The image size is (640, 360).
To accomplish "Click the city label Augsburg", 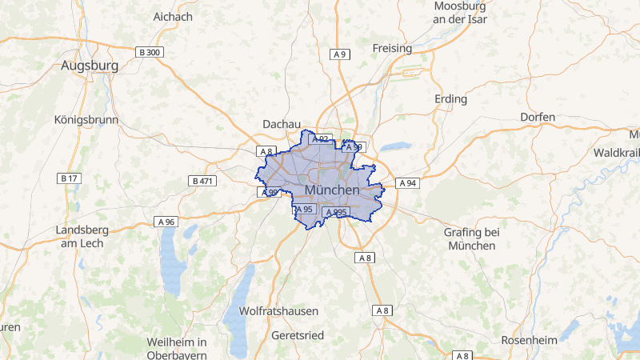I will coord(90,66).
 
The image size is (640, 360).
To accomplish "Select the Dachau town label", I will coord(282,124).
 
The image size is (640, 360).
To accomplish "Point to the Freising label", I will coord(392,48).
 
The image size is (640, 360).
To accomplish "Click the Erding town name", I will coord(450,99).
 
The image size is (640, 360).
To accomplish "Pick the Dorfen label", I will coord(538,117).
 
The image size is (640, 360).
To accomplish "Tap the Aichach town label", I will coord(173,16).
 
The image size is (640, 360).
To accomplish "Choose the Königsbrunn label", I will coord(86,120).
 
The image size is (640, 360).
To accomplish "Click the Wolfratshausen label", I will coord(279,310).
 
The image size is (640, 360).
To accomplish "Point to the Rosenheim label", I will coord(529,340).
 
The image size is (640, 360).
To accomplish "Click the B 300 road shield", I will coord(150,52).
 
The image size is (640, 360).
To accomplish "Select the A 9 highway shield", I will coord(340,54).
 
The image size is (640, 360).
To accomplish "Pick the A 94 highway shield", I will coord(407,182).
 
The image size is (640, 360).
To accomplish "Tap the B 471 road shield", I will coord(203,182).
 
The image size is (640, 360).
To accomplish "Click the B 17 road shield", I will coord(69,178).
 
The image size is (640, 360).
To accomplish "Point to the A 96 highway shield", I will coord(166,221).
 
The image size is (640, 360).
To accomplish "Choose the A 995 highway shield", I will coord(335,212).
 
